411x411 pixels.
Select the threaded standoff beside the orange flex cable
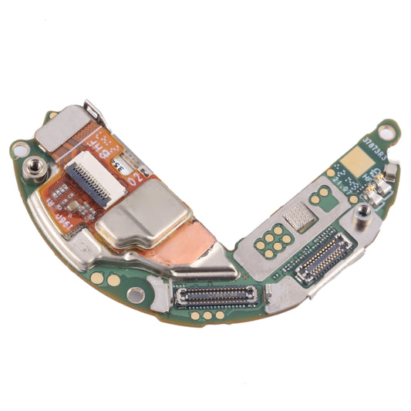(34, 166)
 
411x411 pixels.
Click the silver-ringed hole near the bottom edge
(135, 294)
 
